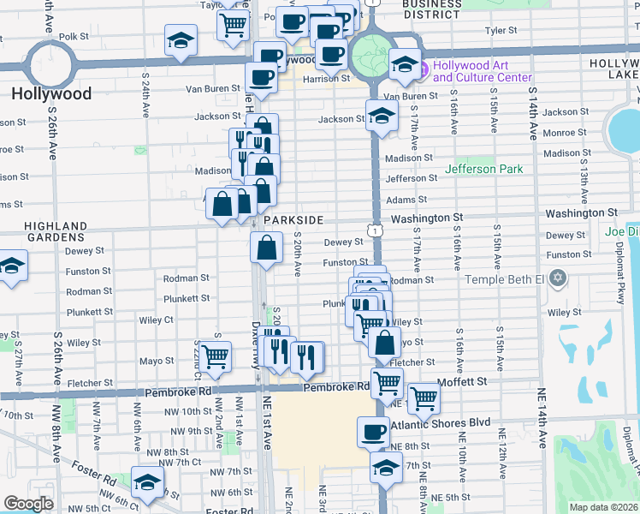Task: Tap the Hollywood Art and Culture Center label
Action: [x=484, y=71]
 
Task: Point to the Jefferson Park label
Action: [x=483, y=169]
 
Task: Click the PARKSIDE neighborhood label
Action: [x=293, y=220]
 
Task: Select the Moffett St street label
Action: [x=461, y=381]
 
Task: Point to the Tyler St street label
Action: [x=501, y=30]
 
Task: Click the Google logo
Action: [x=28, y=503]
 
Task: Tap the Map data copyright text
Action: [x=603, y=507]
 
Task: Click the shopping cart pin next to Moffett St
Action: [x=423, y=397]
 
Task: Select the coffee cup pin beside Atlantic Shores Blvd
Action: [x=372, y=432]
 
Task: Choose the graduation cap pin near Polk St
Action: [x=181, y=41]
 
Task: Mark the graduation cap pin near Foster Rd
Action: [x=147, y=481]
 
